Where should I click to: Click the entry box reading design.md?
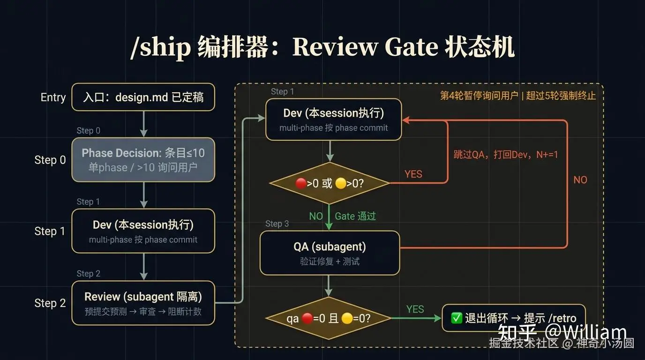tap(143, 97)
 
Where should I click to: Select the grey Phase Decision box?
tap(143, 160)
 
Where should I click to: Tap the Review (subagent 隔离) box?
tap(143, 303)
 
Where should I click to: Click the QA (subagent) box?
tap(330, 253)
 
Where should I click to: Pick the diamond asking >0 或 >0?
tap(330, 183)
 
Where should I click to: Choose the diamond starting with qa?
tap(329, 318)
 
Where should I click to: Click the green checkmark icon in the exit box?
tap(457, 318)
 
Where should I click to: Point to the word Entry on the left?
tap(53, 97)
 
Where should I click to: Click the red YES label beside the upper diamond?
tap(413, 174)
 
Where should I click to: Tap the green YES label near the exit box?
tap(415, 309)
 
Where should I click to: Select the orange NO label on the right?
tap(580, 180)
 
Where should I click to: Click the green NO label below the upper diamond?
tap(316, 216)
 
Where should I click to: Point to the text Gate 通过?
tap(355, 216)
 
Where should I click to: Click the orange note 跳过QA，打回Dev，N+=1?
tap(506, 155)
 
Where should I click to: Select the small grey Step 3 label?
tap(277, 224)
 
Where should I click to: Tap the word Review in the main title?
tap(335, 47)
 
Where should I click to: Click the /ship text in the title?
tap(160, 47)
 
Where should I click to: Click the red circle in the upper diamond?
tap(301, 183)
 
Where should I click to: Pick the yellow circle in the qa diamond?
tap(347, 318)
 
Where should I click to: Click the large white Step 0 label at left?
tap(50, 160)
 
